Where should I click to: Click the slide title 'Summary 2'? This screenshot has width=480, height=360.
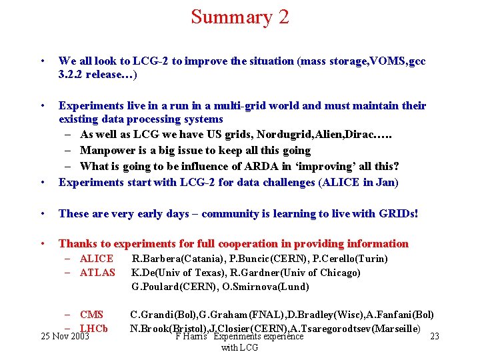pyautogui.click(x=240, y=17)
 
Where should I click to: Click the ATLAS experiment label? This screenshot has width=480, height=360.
pyautogui.click(x=97, y=273)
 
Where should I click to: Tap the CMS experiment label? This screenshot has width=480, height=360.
pyautogui.click(x=91, y=315)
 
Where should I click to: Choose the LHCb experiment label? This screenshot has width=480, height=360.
pyautogui.click(x=94, y=329)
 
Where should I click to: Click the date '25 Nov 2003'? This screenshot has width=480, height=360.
pyautogui.click(x=65, y=337)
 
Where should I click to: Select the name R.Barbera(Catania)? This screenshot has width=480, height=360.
pyautogui.click(x=176, y=259)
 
